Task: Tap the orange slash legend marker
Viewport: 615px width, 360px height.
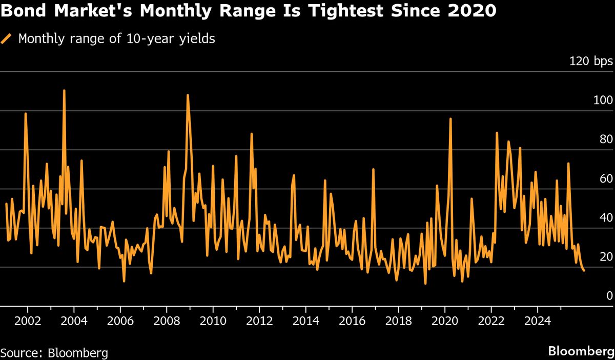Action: coord(7,39)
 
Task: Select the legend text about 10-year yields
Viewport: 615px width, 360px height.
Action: coord(116,39)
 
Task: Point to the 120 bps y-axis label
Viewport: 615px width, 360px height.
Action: coord(591,62)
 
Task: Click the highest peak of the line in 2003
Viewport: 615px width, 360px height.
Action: coord(64,91)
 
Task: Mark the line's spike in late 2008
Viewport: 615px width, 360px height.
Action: coord(188,95)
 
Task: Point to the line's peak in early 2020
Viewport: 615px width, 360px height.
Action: coord(450,119)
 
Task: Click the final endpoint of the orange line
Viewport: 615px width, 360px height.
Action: coord(584,270)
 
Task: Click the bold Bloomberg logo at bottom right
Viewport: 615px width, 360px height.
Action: coord(581,352)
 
